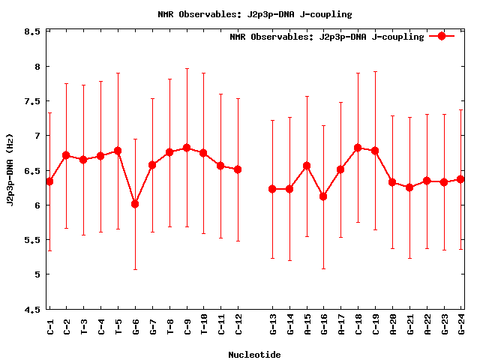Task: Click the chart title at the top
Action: (x=255, y=14)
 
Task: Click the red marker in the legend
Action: (x=442, y=36)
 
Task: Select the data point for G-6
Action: (x=135, y=203)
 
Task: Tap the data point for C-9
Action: (x=187, y=148)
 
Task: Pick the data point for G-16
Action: (x=323, y=196)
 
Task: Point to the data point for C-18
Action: (x=358, y=148)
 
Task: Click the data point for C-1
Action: (x=49, y=181)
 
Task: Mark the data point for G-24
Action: (x=460, y=179)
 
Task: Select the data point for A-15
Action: (x=307, y=166)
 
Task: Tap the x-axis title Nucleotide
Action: (x=254, y=355)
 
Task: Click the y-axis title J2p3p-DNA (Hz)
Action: (x=10, y=169)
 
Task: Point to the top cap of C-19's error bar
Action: (x=375, y=72)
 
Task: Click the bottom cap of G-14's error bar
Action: (x=289, y=260)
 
